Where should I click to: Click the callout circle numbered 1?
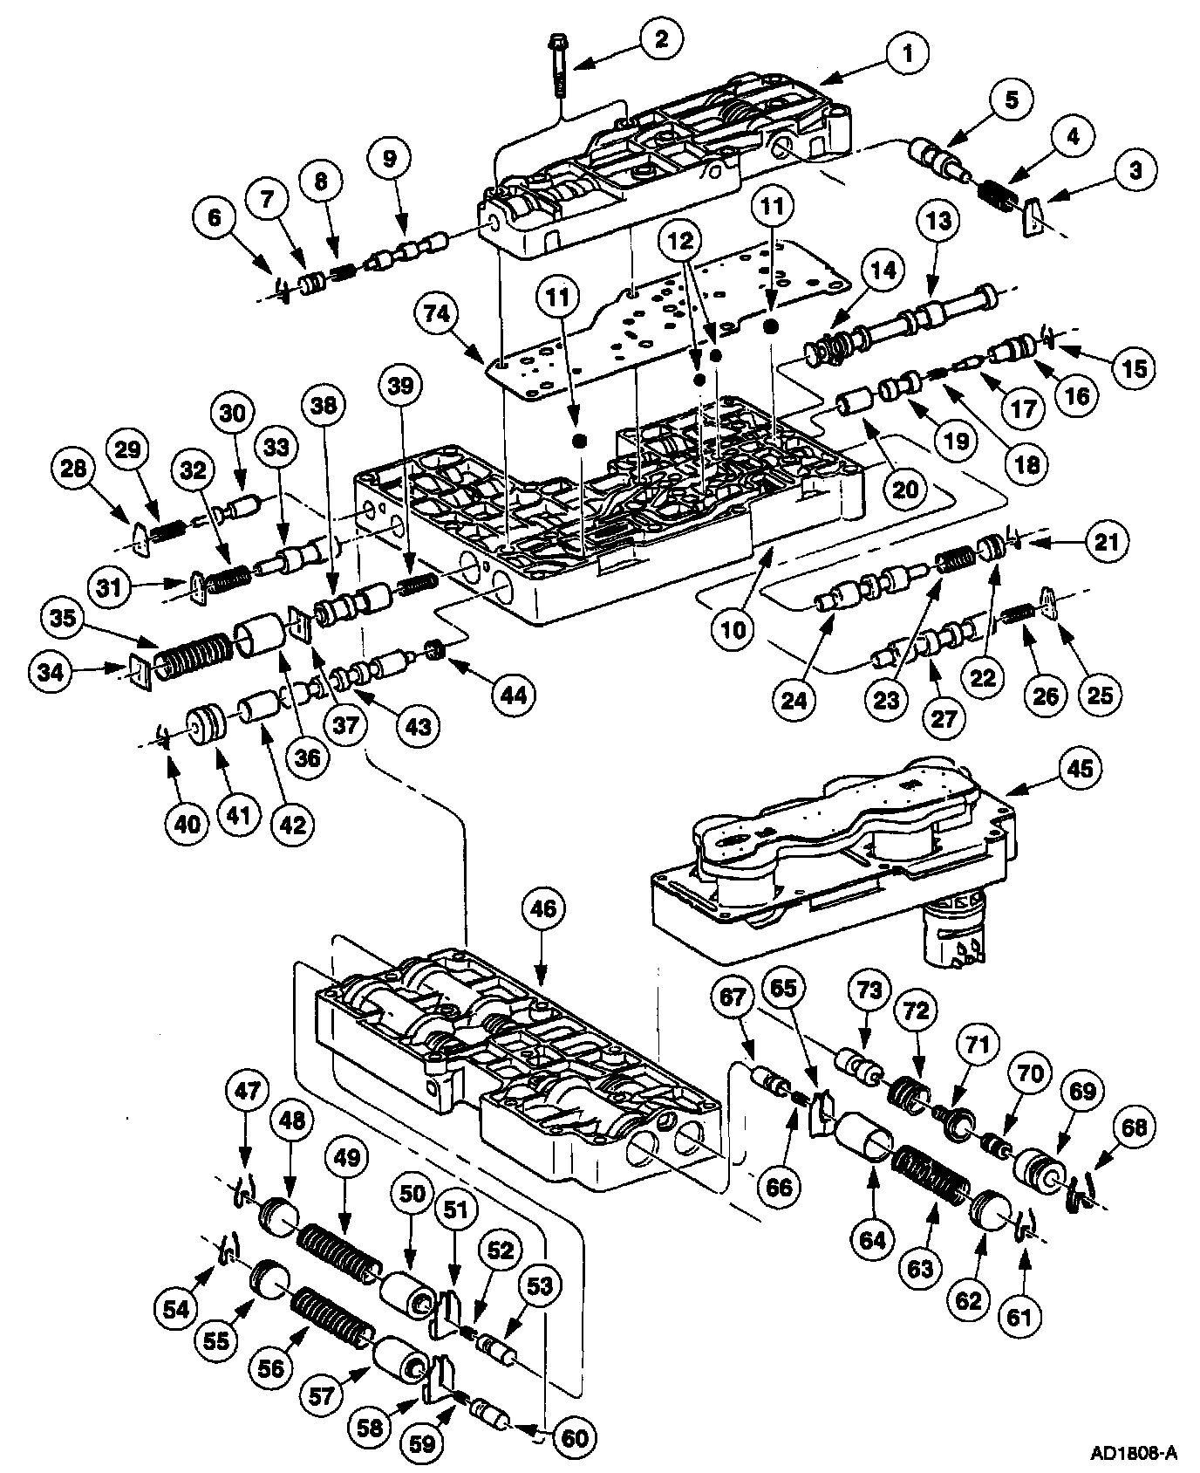pyautogui.click(x=908, y=54)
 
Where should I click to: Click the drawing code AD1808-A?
pyautogui.click(x=1133, y=1452)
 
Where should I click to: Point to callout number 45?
pyautogui.click(x=1072, y=767)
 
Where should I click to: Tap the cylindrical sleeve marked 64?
pyautogui.click(x=863, y=1142)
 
